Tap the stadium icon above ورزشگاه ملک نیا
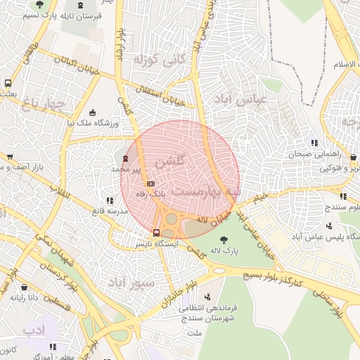(x=93, y=112)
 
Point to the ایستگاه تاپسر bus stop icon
(x=156, y=233)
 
